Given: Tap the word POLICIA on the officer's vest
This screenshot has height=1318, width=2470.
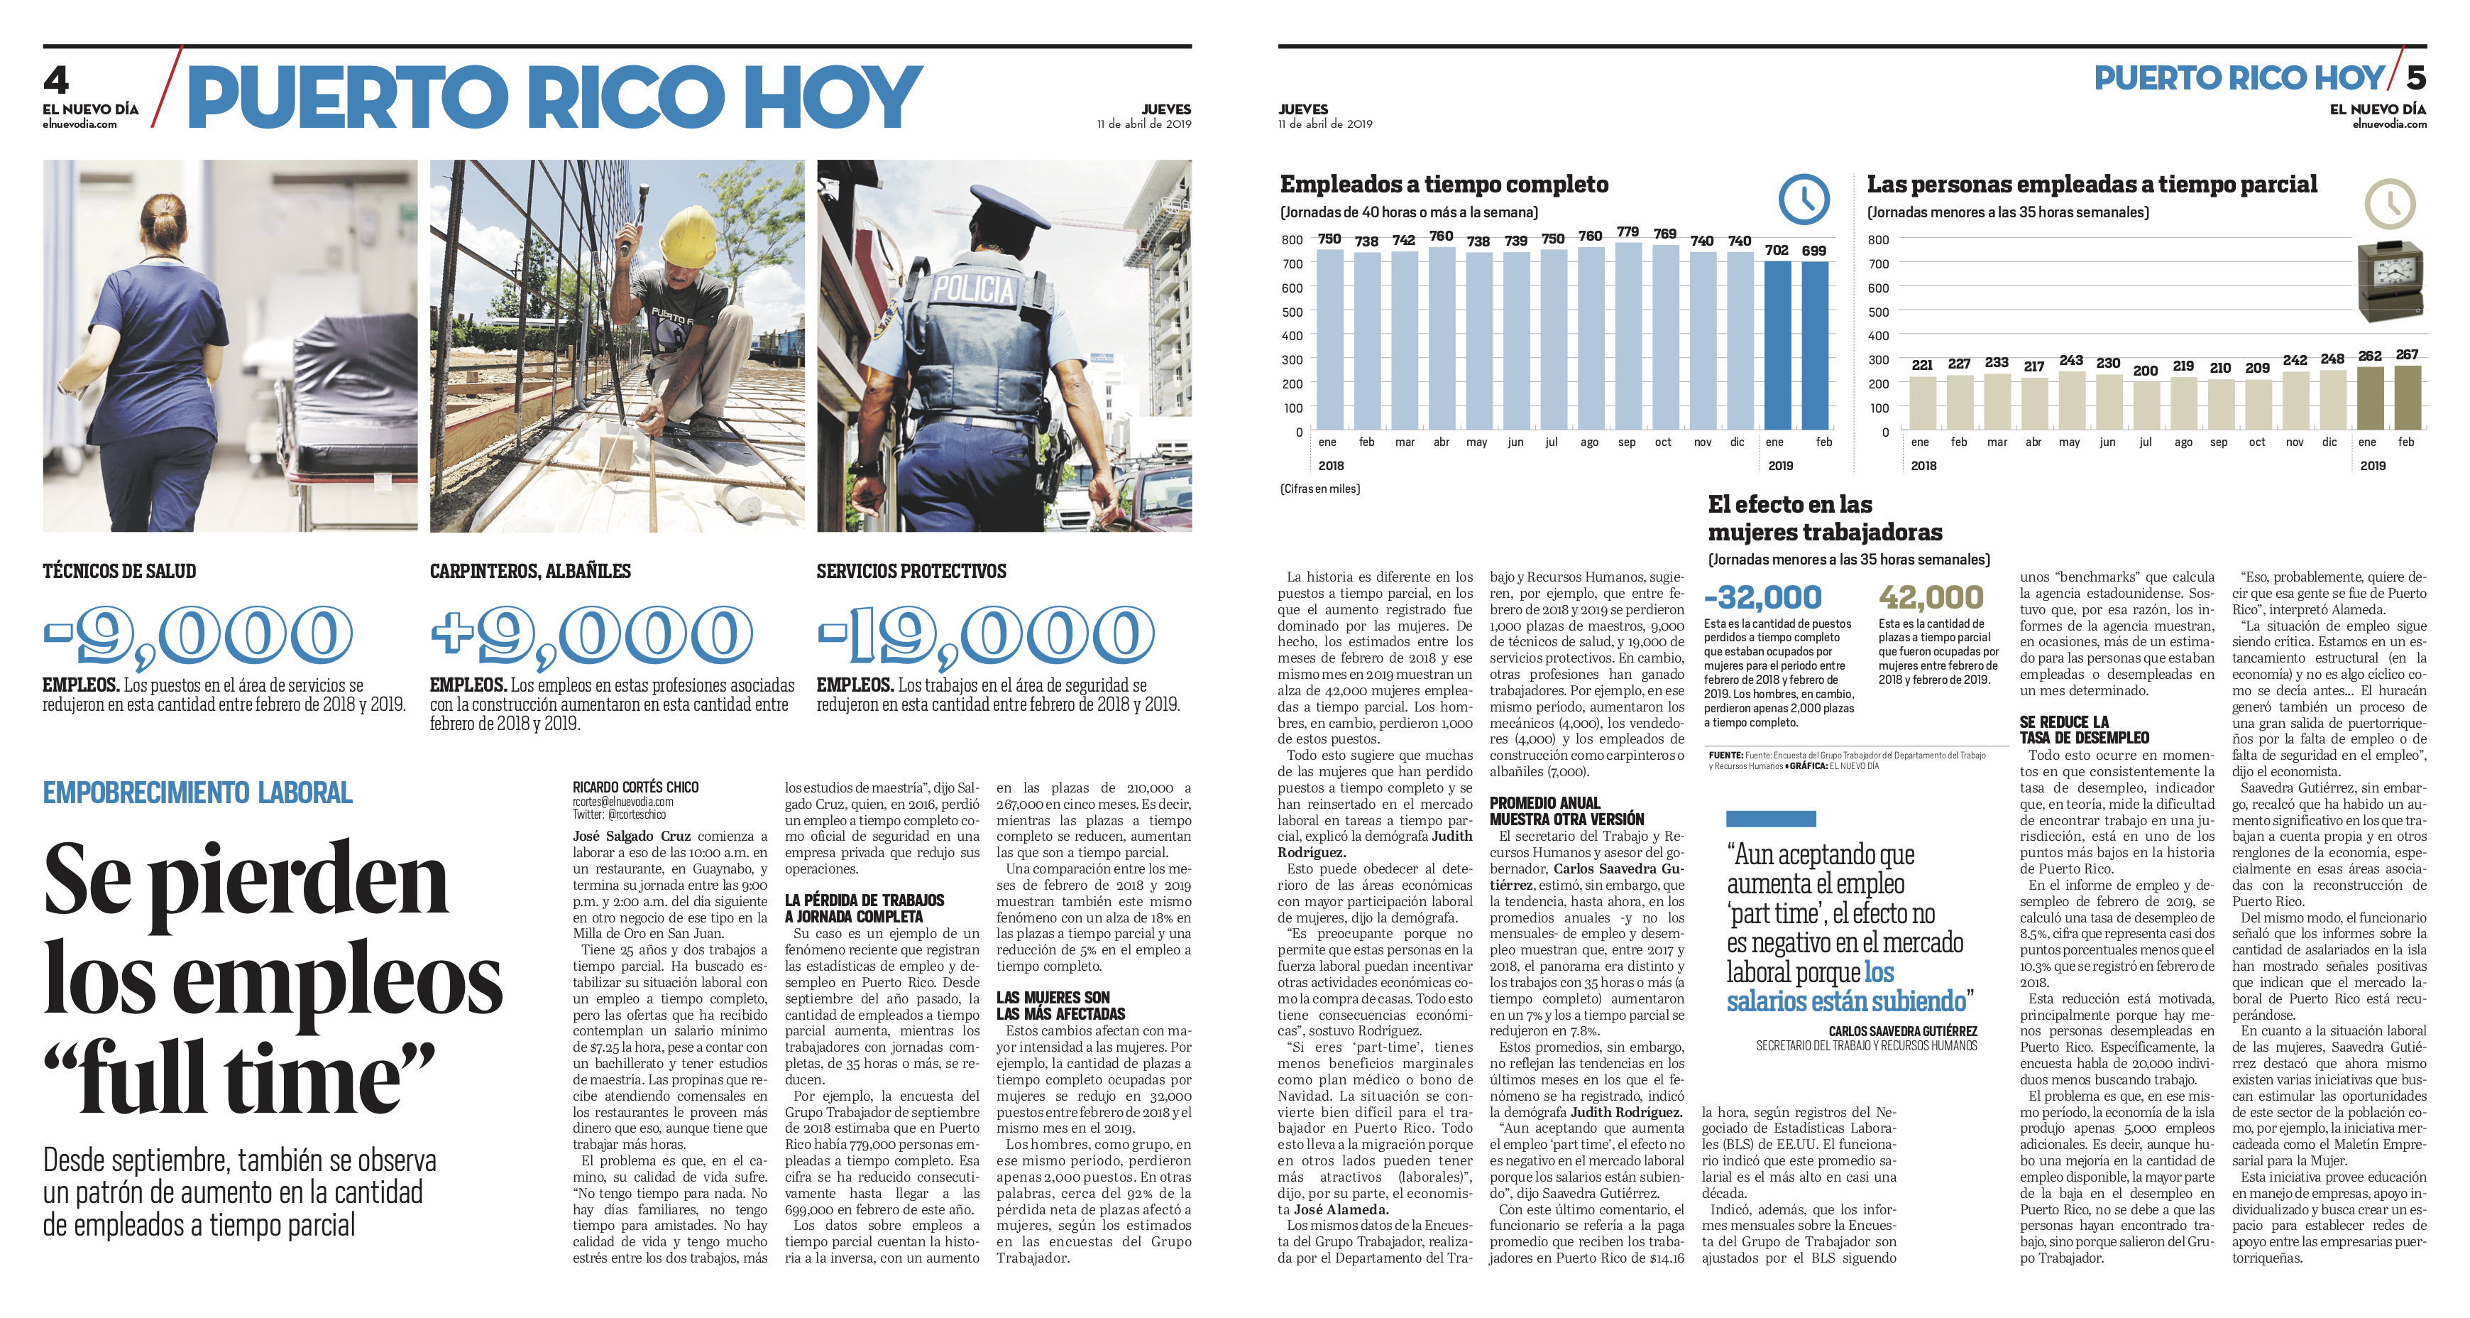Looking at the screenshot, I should point(973,288).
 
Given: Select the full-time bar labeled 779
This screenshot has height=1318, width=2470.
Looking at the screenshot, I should point(1628,336).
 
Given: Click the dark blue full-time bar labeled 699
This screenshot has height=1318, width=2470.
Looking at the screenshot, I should point(1814,345).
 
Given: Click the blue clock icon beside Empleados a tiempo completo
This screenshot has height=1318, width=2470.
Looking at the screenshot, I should point(1803,199).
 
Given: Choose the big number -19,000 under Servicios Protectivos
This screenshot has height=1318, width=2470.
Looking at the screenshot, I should point(986,635).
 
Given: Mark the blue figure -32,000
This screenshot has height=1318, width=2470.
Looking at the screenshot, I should point(1762,598).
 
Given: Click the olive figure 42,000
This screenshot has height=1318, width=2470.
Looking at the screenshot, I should point(1930,598).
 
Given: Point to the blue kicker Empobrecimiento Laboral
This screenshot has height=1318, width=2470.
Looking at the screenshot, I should point(197,793).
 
